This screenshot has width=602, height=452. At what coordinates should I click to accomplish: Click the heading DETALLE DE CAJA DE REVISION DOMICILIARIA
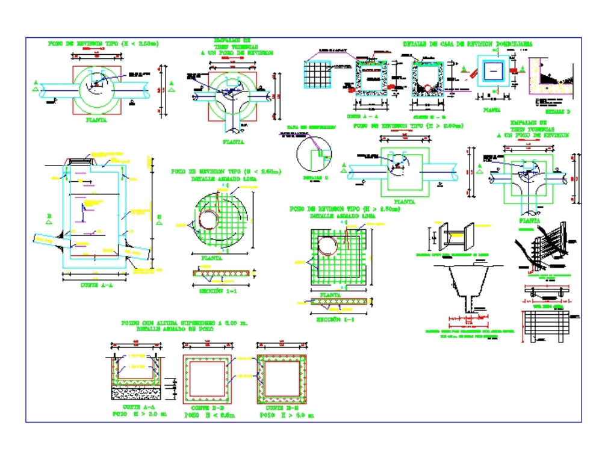[x=467, y=44]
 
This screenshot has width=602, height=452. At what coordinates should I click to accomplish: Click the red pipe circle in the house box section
[x=428, y=89]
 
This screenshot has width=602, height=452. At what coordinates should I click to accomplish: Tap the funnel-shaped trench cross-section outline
[x=468, y=286]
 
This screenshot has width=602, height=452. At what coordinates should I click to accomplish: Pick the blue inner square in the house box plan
[x=493, y=71]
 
